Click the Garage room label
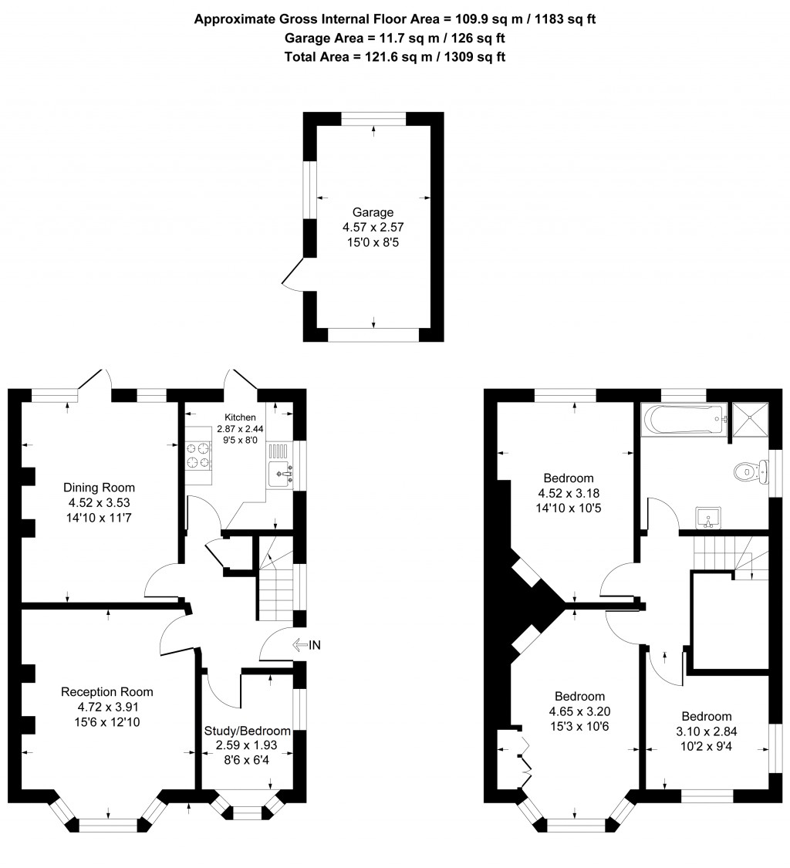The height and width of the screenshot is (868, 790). [373, 212]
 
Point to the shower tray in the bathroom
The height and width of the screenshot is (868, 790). [750, 420]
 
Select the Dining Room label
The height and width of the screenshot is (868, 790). [99, 488]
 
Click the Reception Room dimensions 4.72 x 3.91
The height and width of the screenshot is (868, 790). [107, 706]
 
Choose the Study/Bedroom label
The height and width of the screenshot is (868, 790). [247, 731]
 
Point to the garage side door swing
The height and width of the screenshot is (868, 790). [292, 275]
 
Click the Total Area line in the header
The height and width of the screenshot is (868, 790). [395, 56]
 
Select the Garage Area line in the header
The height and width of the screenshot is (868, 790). [395, 38]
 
